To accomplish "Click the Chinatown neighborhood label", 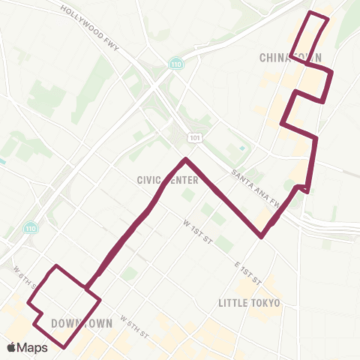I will click(x=290, y=58).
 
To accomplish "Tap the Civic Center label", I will click(x=168, y=180).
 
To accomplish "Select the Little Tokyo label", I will click(x=249, y=303).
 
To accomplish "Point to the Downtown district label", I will click(x=82, y=323).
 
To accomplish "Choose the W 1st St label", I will click(x=199, y=225).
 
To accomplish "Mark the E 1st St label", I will click(x=247, y=272).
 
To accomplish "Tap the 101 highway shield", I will click(x=194, y=137).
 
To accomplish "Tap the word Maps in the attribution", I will click(x=33, y=347).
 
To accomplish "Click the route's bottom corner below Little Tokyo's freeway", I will click(x=261, y=237).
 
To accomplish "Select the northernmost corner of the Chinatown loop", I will click(x=312, y=13).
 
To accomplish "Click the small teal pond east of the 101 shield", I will click(x=241, y=148).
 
